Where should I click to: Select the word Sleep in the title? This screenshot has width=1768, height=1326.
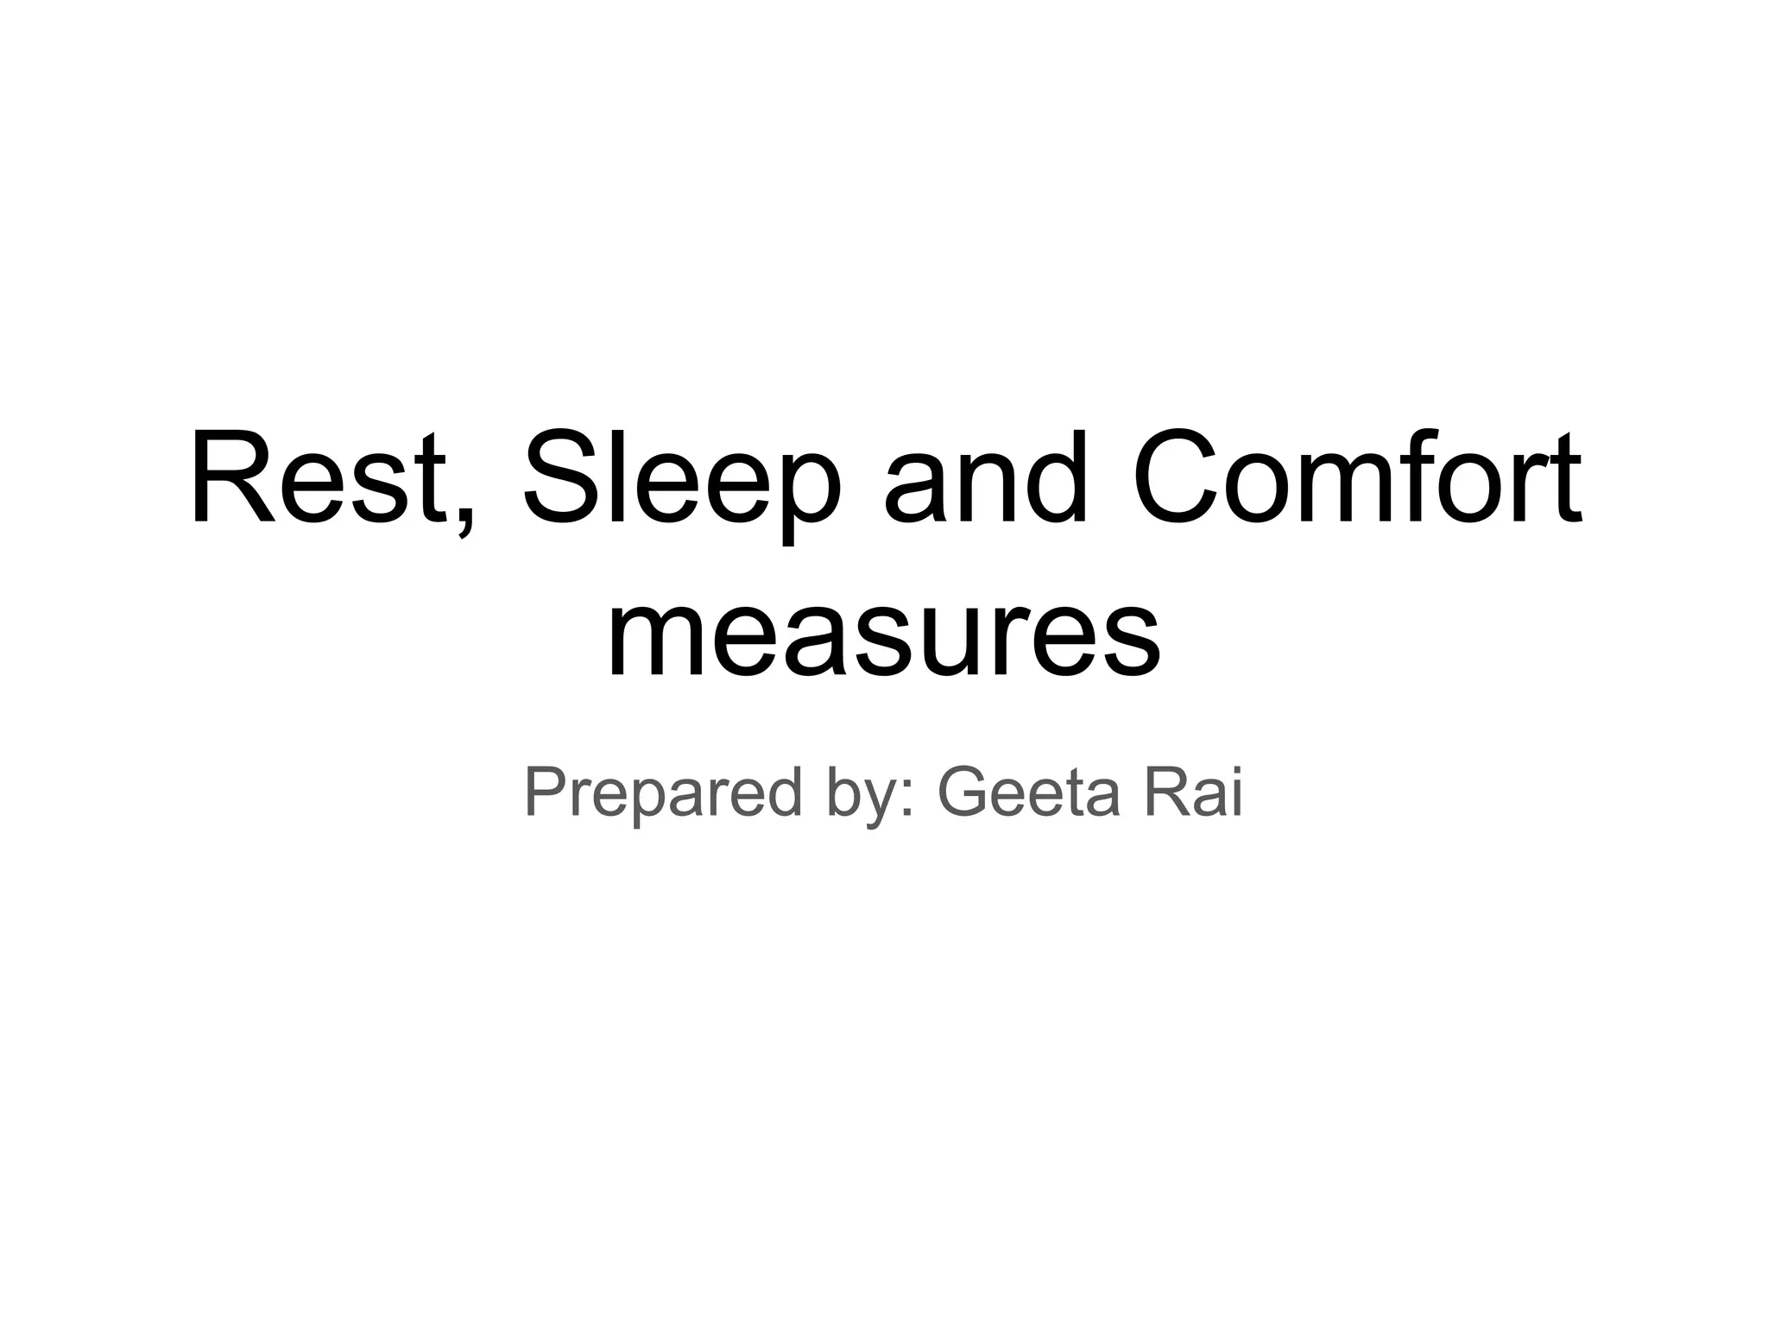coord(682,480)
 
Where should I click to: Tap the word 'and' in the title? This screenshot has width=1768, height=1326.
coord(984,480)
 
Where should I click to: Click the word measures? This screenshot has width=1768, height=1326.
coord(883,635)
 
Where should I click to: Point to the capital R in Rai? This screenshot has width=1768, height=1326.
coord(1167,792)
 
